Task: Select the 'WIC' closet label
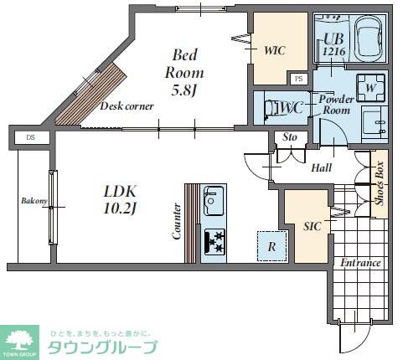(274, 50)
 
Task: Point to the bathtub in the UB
(369, 39)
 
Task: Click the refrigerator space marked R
(271, 245)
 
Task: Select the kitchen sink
(214, 201)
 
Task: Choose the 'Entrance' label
(360, 263)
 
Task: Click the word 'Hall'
(321, 168)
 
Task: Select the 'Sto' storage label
(291, 137)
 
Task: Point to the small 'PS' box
(298, 79)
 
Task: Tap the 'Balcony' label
(34, 201)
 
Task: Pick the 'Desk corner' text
(126, 106)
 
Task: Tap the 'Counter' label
(177, 221)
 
